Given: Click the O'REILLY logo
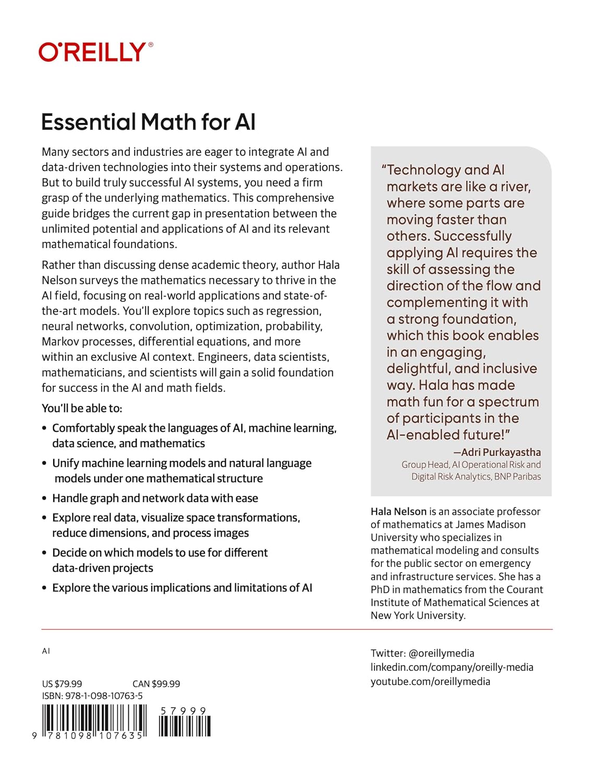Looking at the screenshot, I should point(95,52).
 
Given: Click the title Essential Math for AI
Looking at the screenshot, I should point(148,122).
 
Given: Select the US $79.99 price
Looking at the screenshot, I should point(62,683).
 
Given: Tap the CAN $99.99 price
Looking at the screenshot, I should point(156,683).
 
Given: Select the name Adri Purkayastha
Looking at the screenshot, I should point(501,452).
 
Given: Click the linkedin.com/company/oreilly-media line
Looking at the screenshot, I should point(452,667).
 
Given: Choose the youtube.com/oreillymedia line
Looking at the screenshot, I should point(430,681).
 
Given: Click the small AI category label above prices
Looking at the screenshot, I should point(46,651).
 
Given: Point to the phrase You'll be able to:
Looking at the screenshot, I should point(82,408).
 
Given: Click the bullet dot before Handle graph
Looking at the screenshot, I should point(44,498).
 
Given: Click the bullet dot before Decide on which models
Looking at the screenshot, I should point(44,553).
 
